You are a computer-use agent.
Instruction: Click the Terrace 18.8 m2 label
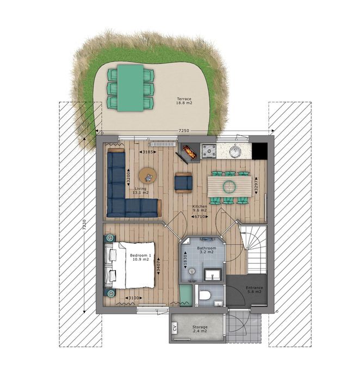[x=184, y=102]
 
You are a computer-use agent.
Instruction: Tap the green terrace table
[x=131, y=87]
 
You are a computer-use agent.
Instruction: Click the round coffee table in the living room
[x=147, y=175]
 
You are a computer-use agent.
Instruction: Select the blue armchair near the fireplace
[x=183, y=181]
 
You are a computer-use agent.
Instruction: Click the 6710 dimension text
[x=200, y=217]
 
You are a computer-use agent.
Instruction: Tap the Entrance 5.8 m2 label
[x=254, y=290]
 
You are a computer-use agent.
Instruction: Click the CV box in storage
[x=175, y=328]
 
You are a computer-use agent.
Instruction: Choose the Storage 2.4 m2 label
[x=200, y=329]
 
